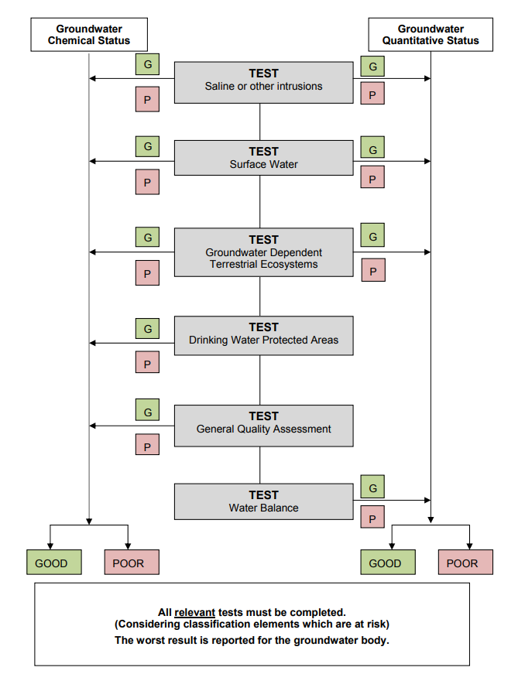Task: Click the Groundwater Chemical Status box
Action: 89,35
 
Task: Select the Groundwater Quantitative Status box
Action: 431,35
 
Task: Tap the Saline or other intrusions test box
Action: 263,83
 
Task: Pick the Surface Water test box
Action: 263,158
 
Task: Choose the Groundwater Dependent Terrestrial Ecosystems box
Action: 263,252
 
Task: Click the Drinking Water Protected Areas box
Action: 263,336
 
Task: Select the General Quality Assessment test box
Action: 263,426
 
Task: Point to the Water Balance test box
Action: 263,501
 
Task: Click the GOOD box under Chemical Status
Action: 54,563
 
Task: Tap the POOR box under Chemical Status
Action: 132,563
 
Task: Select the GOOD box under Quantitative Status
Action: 388,563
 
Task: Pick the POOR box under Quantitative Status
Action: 465,563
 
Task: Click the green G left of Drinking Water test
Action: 147,329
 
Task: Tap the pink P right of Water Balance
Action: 372,517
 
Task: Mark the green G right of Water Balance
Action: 372,487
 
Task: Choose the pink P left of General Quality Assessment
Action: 147,445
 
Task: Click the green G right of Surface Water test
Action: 372,148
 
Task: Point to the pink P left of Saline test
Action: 147,99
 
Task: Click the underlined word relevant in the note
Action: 195,612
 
